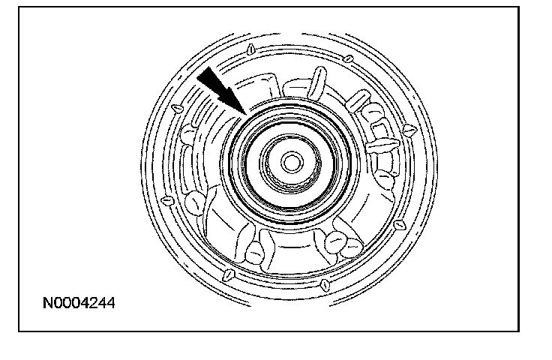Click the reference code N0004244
(79, 304)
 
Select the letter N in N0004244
(47, 304)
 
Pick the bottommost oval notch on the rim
(323, 284)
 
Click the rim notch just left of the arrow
(178, 108)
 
